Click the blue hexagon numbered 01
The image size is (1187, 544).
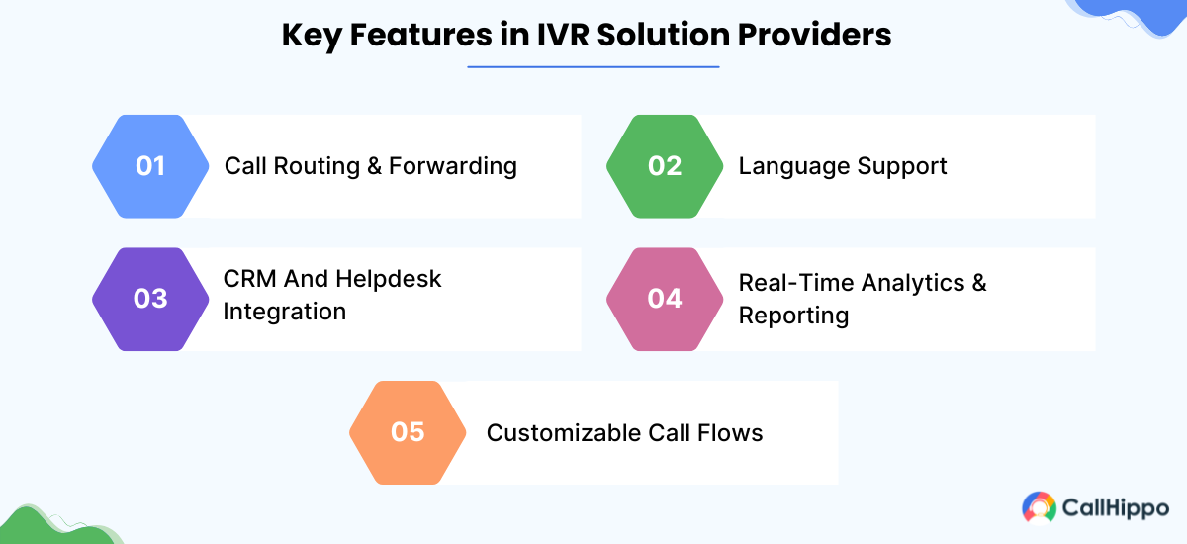tap(150, 166)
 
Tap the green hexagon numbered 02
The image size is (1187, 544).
tap(665, 166)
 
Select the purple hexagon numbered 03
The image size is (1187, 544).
tap(150, 299)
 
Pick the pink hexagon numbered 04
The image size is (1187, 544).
tap(665, 299)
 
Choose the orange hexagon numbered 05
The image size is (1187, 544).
tap(408, 432)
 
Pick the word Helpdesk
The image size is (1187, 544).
tap(388, 280)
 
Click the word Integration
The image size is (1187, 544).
tap(284, 313)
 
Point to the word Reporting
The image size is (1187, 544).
tap(793, 317)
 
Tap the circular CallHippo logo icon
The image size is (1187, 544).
tap(1039, 507)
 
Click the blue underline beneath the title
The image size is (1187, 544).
tap(593, 67)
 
